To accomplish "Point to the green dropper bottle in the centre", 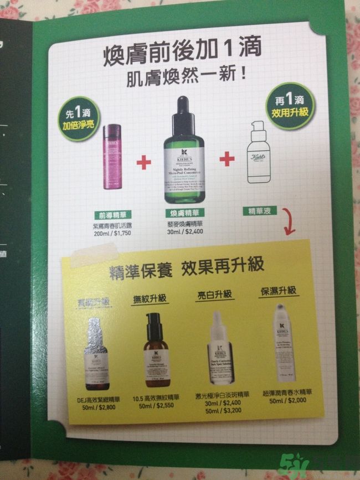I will coord(184,152).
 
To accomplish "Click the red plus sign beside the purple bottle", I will coord(143,162).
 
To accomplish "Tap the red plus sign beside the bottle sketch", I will coord(227,159).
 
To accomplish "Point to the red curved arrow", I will coord(289,221).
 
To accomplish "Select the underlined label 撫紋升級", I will coord(150,300).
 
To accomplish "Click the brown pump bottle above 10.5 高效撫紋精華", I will coord(155,349).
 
